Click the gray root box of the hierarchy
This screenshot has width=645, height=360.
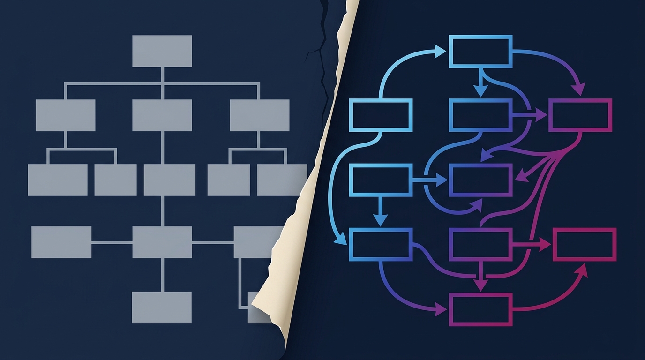click(x=162, y=51)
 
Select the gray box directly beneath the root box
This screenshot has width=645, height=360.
click(x=162, y=115)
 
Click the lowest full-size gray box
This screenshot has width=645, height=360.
click(x=162, y=307)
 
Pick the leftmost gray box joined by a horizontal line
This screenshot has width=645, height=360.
click(x=61, y=242)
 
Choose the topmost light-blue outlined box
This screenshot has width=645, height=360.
click(x=480, y=51)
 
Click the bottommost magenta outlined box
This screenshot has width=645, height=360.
click(x=480, y=309)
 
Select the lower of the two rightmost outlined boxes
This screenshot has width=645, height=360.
click(x=584, y=244)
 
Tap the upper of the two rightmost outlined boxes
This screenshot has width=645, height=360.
click(x=580, y=115)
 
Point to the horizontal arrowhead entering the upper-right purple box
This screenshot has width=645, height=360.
click(x=541, y=115)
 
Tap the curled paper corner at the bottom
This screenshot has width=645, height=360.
click(x=270, y=305)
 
